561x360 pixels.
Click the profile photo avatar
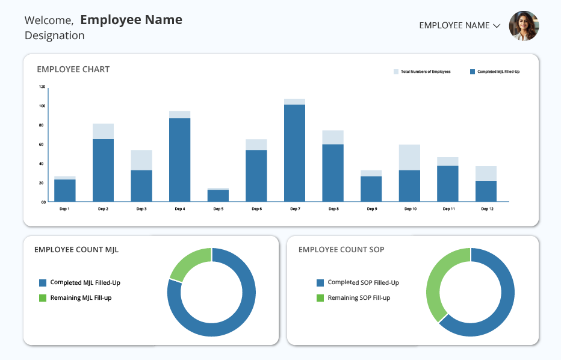click(x=524, y=26)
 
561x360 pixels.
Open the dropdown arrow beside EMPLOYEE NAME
click(x=497, y=26)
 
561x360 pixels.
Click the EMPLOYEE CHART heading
click(x=73, y=69)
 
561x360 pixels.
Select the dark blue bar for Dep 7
click(x=295, y=153)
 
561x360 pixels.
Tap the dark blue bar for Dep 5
click(x=219, y=196)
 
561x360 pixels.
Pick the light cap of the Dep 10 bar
click(x=410, y=158)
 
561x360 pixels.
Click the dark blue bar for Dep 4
click(x=180, y=160)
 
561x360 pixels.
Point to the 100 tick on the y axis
click(x=42, y=106)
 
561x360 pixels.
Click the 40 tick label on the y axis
click(x=42, y=164)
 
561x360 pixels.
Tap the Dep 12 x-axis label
click(x=487, y=209)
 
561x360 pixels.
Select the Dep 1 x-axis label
click(x=64, y=209)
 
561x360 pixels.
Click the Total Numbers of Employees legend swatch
click(x=396, y=72)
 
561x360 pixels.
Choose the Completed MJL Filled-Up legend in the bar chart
click(x=495, y=72)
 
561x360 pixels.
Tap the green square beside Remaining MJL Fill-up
click(x=43, y=298)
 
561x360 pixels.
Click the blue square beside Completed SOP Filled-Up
click(x=320, y=283)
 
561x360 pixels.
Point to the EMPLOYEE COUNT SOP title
click(x=341, y=250)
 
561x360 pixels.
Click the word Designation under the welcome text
click(x=55, y=36)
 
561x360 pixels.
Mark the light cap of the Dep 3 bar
click(x=141, y=160)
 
